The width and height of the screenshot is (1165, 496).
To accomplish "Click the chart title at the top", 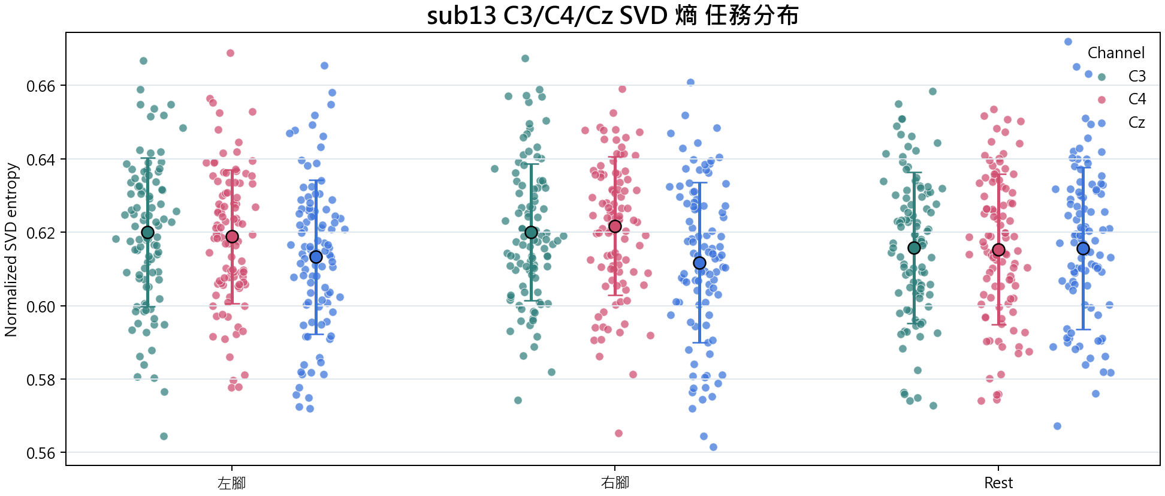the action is [612, 16].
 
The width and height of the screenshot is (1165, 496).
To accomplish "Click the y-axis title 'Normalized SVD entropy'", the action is [11, 249].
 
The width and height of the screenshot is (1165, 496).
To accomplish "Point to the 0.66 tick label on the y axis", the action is [41, 86].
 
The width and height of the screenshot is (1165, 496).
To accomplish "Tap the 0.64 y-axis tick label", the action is [41, 160].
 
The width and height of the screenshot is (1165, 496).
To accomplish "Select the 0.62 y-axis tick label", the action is [41, 233].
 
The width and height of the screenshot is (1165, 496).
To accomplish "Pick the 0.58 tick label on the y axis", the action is [41, 380].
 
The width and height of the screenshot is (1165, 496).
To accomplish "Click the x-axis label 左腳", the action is [232, 483].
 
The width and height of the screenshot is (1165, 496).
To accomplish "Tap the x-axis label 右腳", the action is [615, 483].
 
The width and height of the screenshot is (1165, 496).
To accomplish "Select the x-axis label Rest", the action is [998, 483].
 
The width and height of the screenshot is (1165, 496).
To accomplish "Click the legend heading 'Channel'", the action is [1116, 53].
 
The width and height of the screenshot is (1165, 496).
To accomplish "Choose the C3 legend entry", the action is [1122, 76].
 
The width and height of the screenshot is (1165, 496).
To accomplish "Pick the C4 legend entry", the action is [1122, 99].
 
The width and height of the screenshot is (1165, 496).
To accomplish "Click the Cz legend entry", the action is [1122, 122].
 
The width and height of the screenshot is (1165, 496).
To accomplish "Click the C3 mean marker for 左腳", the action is [147, 232].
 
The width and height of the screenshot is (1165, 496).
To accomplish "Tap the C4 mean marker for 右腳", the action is [615, 226].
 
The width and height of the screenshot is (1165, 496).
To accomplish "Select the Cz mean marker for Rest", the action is [1083, 248].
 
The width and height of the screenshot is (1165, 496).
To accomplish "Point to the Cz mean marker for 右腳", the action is [699, 263].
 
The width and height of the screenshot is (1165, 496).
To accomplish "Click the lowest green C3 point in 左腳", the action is [164, 436].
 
